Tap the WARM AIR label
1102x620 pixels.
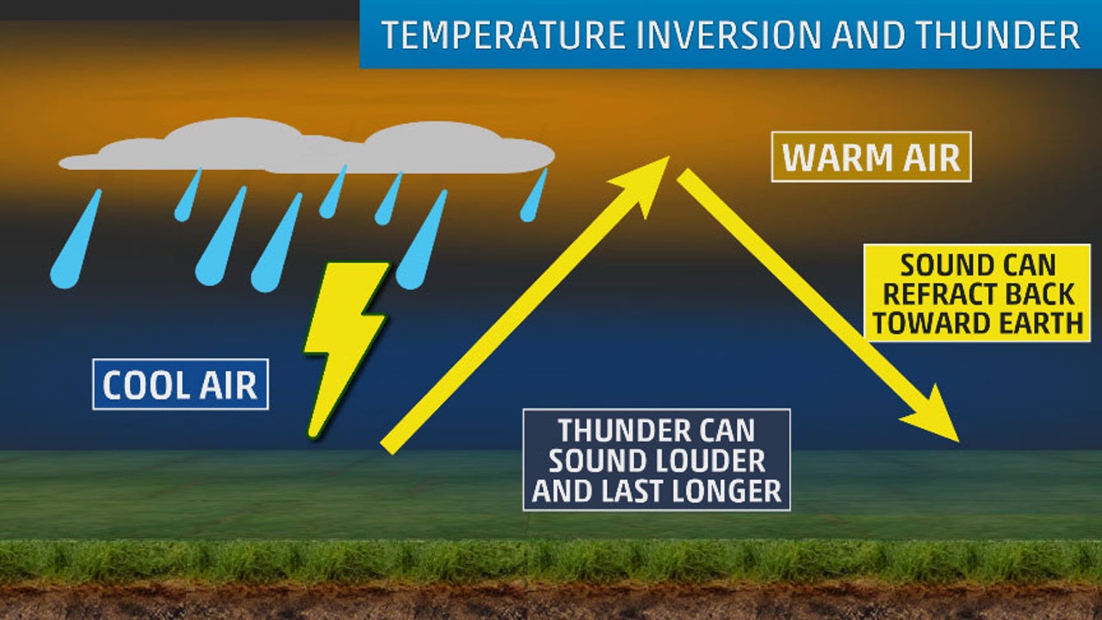[x=870, y=158]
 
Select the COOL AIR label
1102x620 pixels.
[x=180, y=385]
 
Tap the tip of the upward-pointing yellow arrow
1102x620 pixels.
[x=666, y=159]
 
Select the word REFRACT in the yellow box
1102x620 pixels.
[x=938, y=294]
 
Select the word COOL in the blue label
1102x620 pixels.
[x=143, y=385]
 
